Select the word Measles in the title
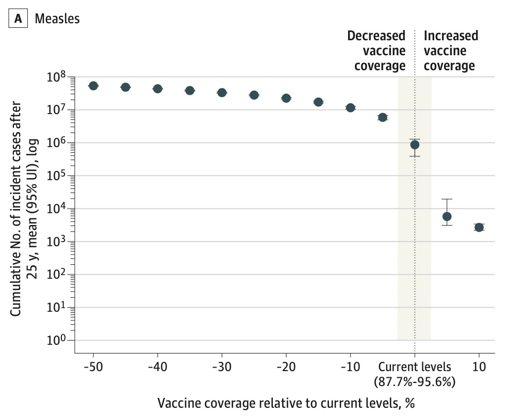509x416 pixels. [x=57, y=19]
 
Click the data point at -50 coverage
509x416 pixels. [x=93, y=86]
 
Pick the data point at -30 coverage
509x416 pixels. [x=222, y=92]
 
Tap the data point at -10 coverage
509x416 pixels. [x=351, y=107]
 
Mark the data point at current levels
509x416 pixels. [x=415, y=145]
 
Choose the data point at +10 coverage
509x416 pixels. [x=479, y=227]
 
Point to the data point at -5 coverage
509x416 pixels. [x=383, y=117]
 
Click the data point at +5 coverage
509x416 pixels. [x=447, y=216]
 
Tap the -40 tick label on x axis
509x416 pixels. [x=157, y=367]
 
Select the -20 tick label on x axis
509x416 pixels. [x=286, y=367]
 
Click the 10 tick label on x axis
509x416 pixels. [x=479, y=367]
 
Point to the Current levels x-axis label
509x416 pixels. [x=415, y=367]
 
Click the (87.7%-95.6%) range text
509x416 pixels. [x=415, y=382]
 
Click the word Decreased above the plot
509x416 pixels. [x=376, y=36]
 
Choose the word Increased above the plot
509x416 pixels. [x=451, y=36]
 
